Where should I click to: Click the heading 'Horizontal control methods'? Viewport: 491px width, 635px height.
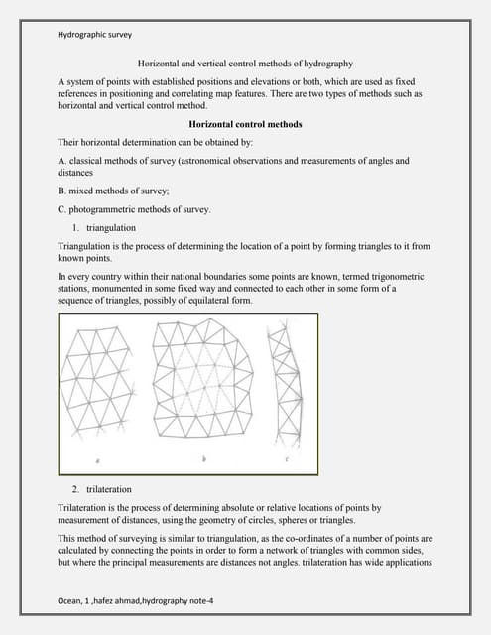(x=245, y=124)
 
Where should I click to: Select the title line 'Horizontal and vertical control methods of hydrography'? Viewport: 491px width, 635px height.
(x=245, y=62)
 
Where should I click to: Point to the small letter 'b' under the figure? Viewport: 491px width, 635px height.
(x=203, y=459)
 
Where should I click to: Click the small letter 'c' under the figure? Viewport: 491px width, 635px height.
(x=287, y=459)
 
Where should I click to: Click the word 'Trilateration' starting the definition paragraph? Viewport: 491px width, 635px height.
(x=85, y=507)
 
